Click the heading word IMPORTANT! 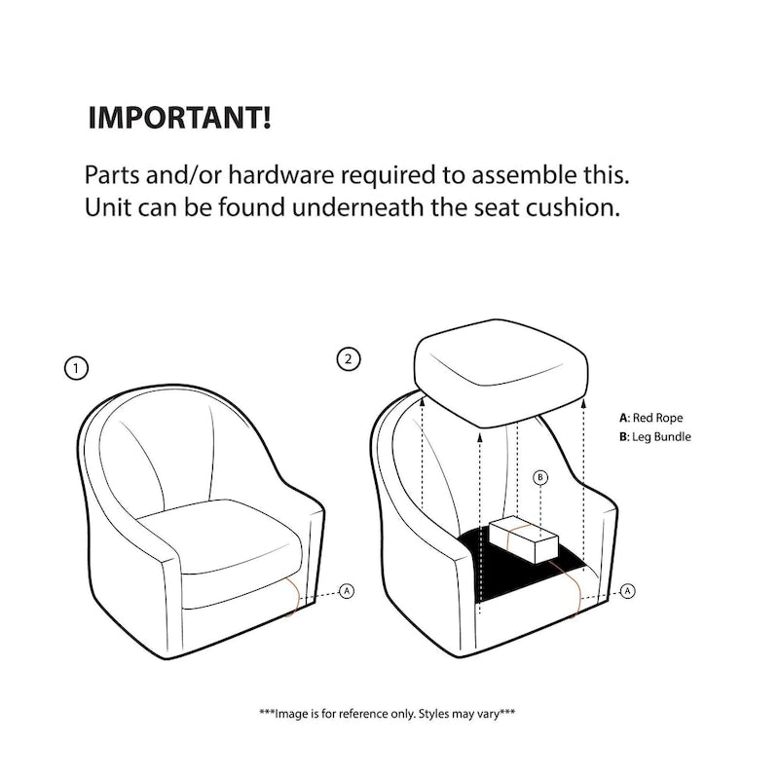[x=179, y=118]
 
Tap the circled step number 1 [x=76, y=369]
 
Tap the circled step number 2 [x=349, y=359]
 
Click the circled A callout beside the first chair [x=347, y=591]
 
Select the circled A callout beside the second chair [x=628, y=591]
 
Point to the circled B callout [x=540, y=478]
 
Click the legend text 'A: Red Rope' [x=650, y=418]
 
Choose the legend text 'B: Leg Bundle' [x=654, y=436]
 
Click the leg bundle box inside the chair [x=524, y=539]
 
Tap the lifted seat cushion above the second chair [x=501, y=374]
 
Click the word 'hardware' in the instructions [x=281, y=175]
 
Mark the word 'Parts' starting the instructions [x=112, y=175]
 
